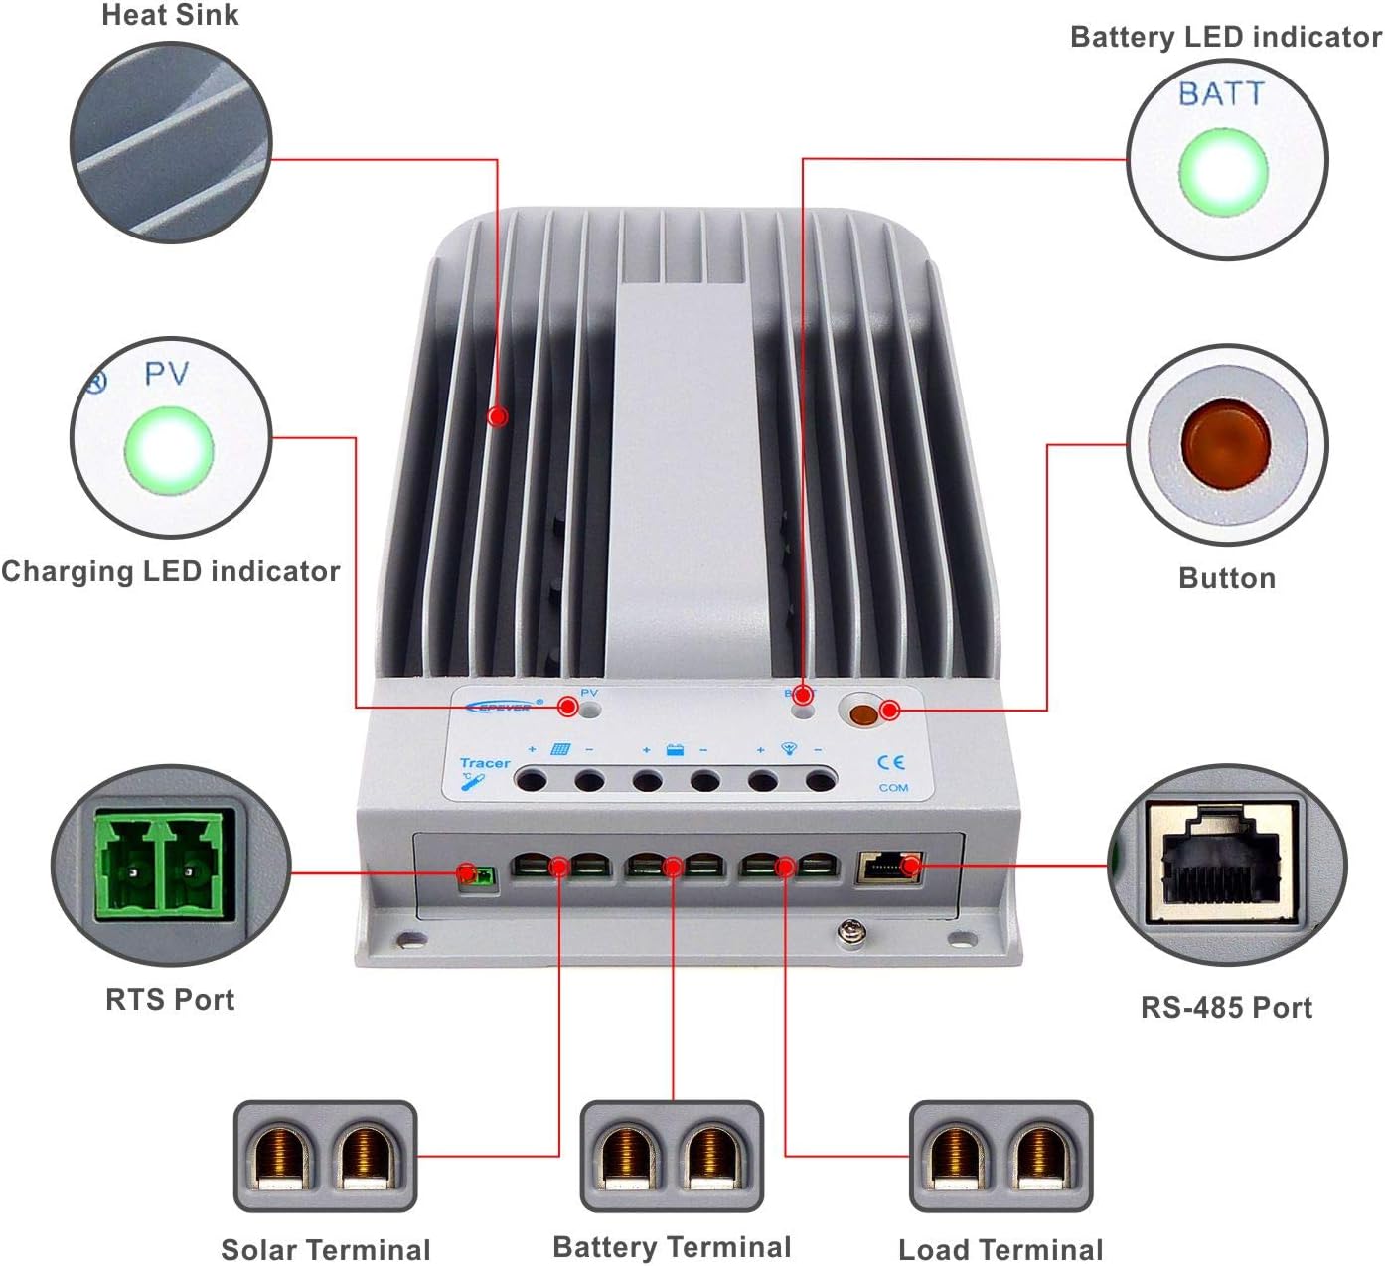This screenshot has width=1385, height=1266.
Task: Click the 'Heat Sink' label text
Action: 170,16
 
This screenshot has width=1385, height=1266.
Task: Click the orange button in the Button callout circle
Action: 1225,443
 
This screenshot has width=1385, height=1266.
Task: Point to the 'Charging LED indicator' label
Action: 170,571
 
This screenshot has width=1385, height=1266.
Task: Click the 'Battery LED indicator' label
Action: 1225,37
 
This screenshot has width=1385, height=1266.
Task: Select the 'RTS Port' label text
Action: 170,999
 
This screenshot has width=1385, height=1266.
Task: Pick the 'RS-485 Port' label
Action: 1226,1007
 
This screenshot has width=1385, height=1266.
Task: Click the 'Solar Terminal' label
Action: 325,1249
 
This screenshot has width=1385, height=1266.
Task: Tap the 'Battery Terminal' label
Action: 672,1246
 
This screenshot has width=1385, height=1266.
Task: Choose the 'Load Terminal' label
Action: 1000,1249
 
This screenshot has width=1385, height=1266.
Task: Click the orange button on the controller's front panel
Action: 863,713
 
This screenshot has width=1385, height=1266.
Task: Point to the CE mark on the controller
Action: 891,762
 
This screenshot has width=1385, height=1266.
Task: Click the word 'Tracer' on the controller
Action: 484,763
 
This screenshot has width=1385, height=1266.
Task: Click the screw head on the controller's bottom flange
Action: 847,931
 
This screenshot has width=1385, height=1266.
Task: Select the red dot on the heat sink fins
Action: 498,416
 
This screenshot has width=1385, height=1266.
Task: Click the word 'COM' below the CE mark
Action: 893,788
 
